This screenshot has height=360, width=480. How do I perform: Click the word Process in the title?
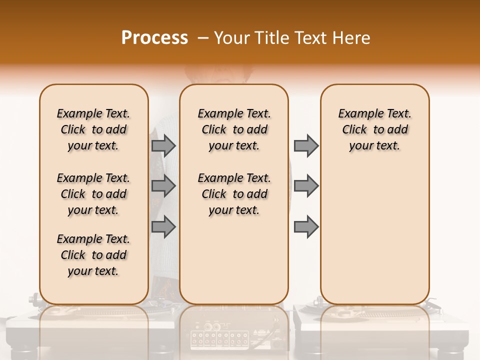pos(154,38)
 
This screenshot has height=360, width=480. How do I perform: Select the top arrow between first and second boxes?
pos(163,145)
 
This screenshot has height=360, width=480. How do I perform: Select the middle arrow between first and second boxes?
pos(163,186)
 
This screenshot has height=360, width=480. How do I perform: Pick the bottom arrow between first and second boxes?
pos(163,227)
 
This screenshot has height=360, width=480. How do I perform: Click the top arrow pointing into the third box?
pos(306,145)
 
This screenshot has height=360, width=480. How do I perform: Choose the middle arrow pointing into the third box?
pos(306,186)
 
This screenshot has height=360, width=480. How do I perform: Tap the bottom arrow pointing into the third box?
pos(306,227)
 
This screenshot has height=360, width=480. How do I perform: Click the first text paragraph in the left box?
pos(93,129)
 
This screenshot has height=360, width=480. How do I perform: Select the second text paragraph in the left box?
pos(93,194)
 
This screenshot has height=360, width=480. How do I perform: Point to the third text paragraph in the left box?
pos(93,255)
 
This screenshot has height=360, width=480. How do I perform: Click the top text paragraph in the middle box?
pos(234,129)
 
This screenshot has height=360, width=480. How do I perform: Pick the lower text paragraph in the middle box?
pos(234,194)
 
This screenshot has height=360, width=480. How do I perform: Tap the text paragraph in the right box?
pos(375,129)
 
